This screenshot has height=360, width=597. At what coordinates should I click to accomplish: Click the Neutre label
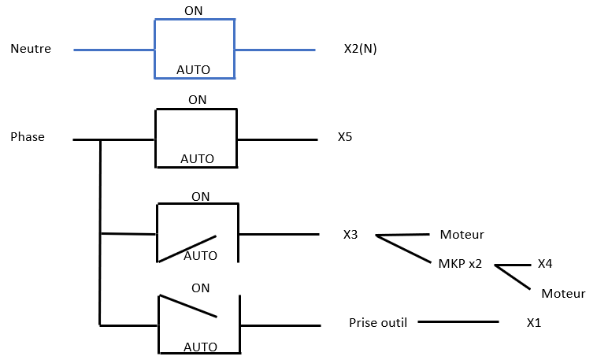[31, 49]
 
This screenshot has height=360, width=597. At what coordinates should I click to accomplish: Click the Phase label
[28, 137]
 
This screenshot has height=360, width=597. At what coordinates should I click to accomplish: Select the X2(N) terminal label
[361, 49]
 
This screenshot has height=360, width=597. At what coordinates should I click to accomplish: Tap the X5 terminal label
[345, 137]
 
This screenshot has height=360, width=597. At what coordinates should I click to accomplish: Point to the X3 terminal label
[350, 234]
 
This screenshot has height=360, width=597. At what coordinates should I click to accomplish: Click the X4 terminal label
[544, 264]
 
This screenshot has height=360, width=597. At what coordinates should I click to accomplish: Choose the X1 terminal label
[535, 323]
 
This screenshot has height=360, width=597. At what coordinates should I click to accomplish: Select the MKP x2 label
[460, 264]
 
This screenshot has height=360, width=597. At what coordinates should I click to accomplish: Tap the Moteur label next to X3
[462, 235]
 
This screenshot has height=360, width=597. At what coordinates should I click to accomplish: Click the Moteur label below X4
[563, 294]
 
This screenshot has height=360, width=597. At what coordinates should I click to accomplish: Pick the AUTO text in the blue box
[193, 70]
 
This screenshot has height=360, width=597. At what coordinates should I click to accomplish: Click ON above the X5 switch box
[197, 100]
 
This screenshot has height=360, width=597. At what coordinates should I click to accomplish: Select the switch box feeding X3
[198, 233]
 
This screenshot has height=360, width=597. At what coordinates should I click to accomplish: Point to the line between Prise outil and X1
[458, 321]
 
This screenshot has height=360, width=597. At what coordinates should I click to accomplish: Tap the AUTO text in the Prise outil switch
[200, 347]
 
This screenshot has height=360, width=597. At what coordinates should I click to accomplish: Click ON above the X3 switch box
[200, 196]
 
